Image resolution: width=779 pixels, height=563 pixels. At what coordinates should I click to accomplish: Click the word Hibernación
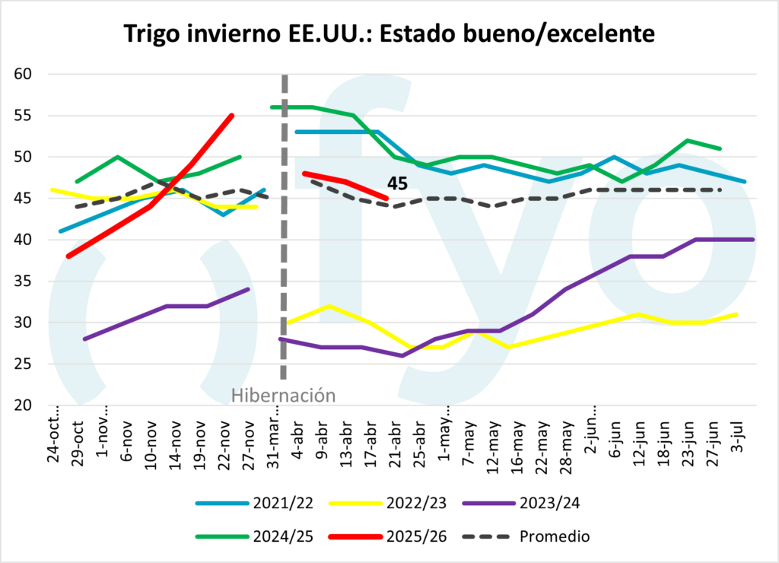(283, 396)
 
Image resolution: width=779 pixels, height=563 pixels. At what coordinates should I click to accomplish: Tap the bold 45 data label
(398, 183)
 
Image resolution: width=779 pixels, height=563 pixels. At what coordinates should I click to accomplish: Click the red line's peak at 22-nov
(232, 116)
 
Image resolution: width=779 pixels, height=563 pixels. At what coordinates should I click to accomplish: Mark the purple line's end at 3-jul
(752, 240)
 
